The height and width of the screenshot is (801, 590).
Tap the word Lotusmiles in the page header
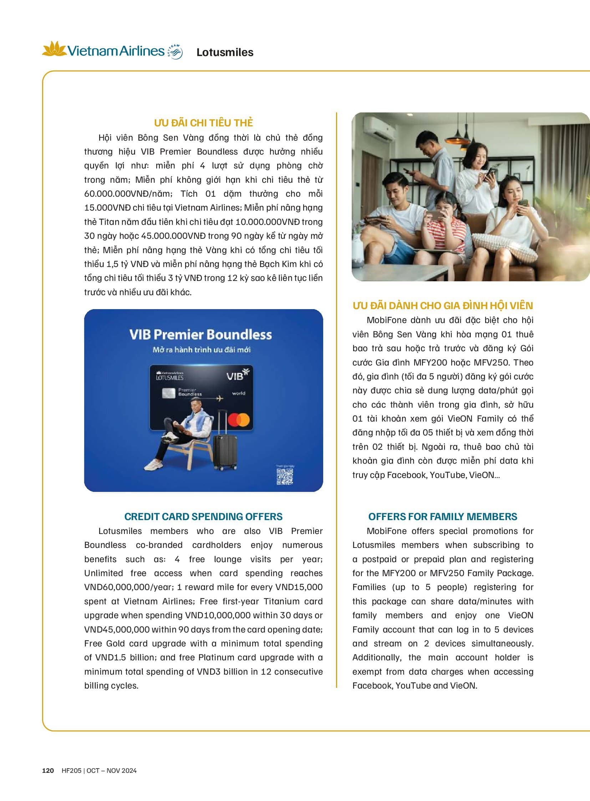[225, 52]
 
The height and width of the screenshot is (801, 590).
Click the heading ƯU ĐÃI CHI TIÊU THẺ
[203, 122]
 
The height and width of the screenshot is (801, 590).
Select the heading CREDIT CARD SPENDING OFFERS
[203, 517]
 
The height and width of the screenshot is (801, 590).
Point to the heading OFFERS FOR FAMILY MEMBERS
[442, 517]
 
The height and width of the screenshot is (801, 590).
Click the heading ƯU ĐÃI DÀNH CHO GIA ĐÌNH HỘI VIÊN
[442, 306]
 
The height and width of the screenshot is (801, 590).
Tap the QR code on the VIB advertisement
[285, 477]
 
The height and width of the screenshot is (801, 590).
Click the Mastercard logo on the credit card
[239, 420]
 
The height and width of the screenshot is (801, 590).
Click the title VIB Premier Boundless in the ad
[200, 334]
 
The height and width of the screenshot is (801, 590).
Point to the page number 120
[48, 771]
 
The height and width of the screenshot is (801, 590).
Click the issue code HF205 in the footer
[71, 771]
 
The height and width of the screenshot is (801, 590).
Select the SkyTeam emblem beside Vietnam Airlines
[175, 52]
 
